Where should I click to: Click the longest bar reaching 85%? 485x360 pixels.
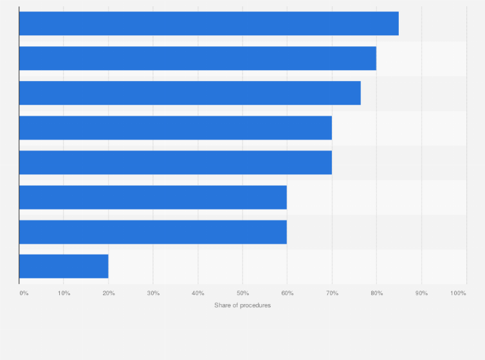tap(208, 24)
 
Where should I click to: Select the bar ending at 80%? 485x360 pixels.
tap(197, 59)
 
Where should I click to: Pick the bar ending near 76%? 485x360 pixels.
tap(190, 93)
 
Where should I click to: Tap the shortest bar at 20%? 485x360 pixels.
tap(64, 266)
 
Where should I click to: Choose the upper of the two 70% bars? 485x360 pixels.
tap(175, 128)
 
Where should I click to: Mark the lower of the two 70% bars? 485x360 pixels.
tap(175, 163)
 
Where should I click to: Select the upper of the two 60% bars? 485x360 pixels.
tap(152, 197)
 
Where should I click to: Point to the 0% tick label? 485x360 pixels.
tap(24, 293)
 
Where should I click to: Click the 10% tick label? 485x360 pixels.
tap(64, 293)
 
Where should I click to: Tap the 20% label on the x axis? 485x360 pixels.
tap(109, 293)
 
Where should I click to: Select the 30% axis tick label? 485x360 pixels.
tap(153, 293)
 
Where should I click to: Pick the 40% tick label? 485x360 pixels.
tap(198, 293)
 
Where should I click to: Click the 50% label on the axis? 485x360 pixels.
tap(243, 293)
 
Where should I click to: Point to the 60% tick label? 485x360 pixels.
tap(287, 293)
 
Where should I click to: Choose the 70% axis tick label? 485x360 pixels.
tap(332, 293)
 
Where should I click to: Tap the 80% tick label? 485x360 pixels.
tap(376, 293)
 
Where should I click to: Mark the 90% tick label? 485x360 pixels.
tap(421, 293)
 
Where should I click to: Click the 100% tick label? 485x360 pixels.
tap(458, 293)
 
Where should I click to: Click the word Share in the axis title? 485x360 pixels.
tap(222, 305)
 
